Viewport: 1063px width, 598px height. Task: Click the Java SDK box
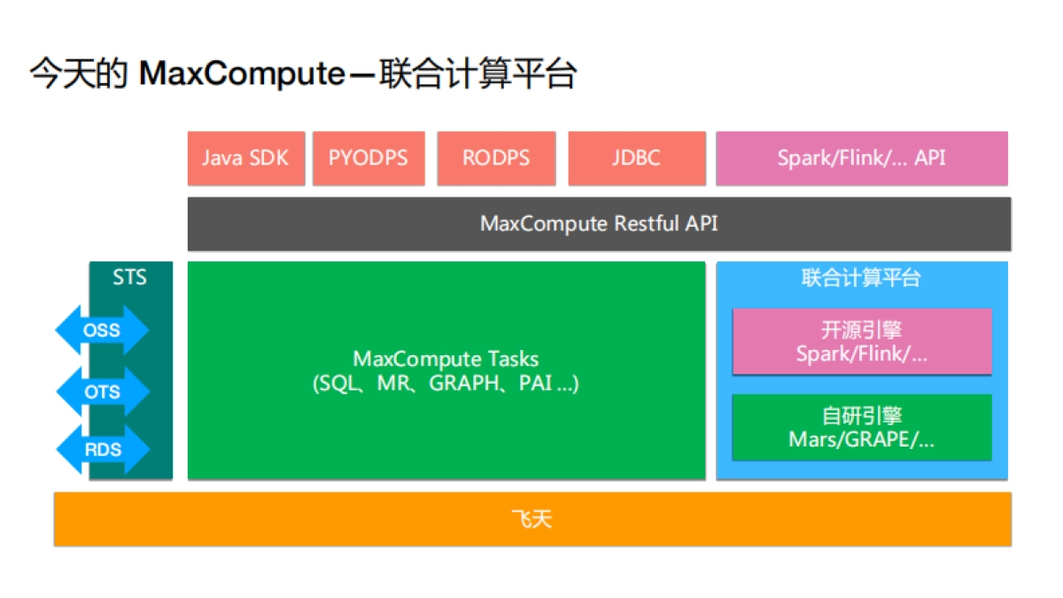(246, 159)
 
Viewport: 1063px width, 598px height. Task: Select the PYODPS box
(369, 159)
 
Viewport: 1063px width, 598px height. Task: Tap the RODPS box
(496, 159)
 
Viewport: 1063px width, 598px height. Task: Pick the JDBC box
(636, 159)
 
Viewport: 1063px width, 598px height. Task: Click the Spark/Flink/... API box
(861, 159)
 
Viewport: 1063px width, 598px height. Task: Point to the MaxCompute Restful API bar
(599, 223)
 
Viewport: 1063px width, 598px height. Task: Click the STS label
(130, 277)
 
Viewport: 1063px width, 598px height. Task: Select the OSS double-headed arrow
(102, 331)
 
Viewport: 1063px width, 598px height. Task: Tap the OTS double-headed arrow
(102, 391)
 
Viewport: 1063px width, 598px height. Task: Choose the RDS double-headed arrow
(102, 449)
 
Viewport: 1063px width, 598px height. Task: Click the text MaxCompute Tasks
(446, 359)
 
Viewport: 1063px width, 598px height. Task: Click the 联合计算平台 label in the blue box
(861, 278)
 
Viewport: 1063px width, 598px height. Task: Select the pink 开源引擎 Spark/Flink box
(861, 342)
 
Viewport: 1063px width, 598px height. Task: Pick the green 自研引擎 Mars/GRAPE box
(861, 427)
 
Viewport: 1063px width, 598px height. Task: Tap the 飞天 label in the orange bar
(531, 519)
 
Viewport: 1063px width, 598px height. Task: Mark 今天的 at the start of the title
(80, 74)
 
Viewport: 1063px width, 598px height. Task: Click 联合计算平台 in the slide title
(477, 74)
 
